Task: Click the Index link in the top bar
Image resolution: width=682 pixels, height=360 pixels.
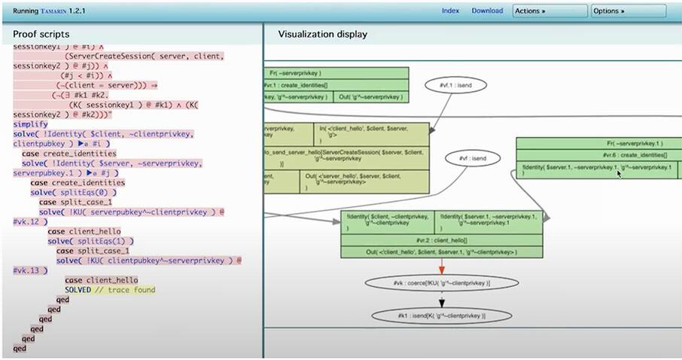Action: click(x=450, y=11)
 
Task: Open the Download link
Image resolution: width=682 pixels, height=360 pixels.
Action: click(x=487, y=11)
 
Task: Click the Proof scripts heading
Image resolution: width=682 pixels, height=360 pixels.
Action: click(x=41, y=35)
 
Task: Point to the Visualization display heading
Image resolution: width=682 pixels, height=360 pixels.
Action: click(x=323, y=35)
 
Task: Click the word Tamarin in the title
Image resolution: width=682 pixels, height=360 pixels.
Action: click(x=60, y=11)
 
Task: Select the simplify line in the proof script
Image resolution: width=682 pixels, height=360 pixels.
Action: click(x=30, y=124)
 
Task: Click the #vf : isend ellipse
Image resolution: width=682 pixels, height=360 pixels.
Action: click(x=470, y=158)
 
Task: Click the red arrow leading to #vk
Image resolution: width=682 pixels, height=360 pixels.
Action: click(x=442, y=266)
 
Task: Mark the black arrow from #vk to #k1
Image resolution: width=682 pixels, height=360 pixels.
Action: click(x=442, y=300)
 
